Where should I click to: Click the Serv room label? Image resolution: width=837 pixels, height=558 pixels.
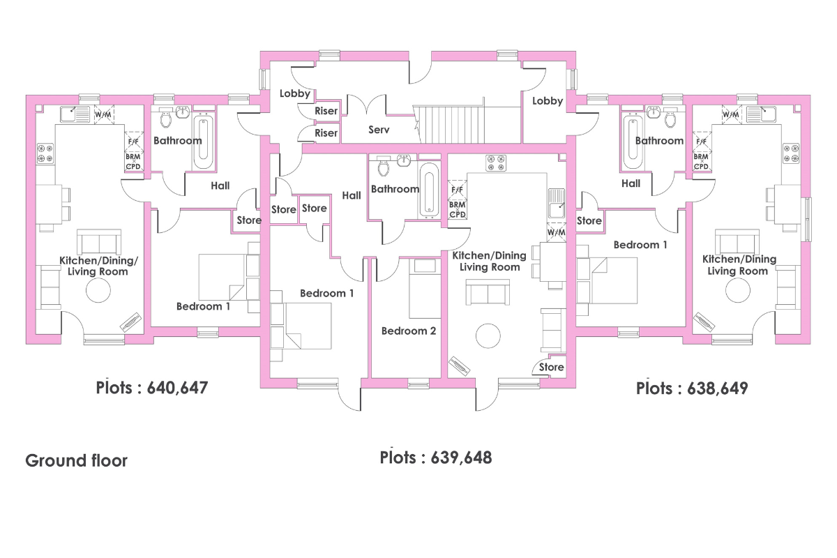tap(379, 130)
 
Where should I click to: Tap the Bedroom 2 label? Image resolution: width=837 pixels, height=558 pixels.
tap(409, 331)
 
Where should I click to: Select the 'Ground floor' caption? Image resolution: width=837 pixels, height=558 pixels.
tap(76, 460)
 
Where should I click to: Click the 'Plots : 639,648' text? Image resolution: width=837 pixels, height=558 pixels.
tap(436, 458)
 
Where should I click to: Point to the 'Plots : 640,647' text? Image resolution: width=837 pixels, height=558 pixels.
tap(152, 388)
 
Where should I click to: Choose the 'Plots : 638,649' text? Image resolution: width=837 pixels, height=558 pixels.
tap(692, 389)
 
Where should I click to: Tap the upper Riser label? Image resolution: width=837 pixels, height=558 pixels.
tap(326, 111)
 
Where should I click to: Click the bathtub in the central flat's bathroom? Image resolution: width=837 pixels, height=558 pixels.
tap(429, 190)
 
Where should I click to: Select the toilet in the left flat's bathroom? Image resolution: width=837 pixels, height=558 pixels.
tap(165, 117)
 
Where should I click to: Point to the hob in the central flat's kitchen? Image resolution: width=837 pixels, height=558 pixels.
tap(496, 163)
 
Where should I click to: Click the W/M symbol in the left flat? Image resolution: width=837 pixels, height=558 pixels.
tap(103, 114)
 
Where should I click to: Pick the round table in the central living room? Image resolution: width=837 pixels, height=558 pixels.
tap(488, 335)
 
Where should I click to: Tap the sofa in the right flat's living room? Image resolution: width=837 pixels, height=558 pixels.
tap(737, 241)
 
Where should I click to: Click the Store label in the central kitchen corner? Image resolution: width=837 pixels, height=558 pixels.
tap(551, 367)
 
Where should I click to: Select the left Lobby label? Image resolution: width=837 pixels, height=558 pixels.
tap(295, 93)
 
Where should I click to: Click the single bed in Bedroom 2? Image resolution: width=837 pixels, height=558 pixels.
tap(425, 288)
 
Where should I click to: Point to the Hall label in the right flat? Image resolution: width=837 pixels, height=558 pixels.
tap(631, 183)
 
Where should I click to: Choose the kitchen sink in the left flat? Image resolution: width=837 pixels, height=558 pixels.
tap(75, 114)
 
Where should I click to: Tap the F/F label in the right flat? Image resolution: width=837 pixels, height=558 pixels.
tap(701, 142)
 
